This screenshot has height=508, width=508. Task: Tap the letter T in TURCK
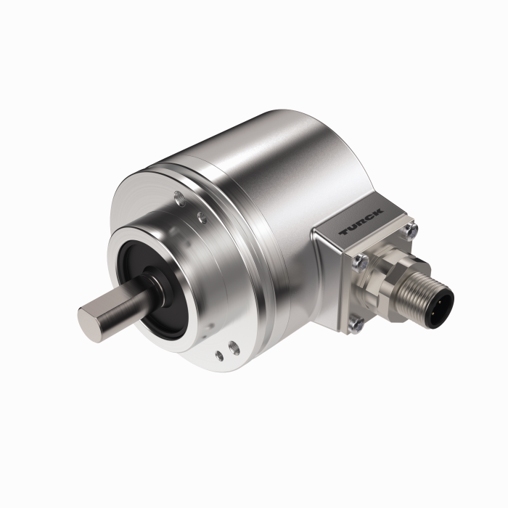(x=345, y=234)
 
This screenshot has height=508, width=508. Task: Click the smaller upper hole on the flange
(x=201, y=216)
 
